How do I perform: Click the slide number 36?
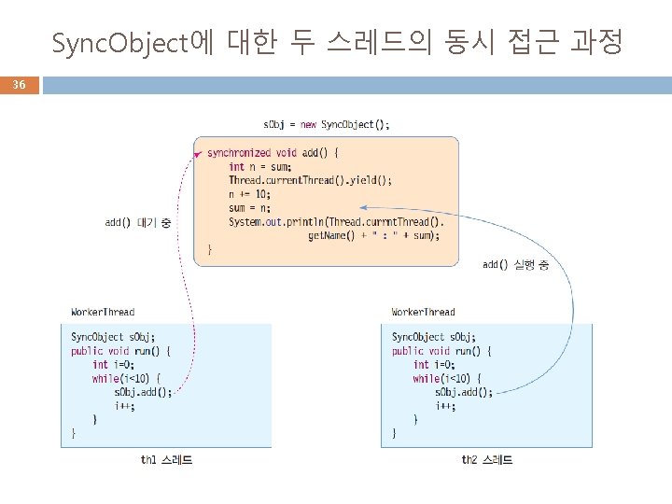19,85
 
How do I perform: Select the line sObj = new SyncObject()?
326,124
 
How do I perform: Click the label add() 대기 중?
138,222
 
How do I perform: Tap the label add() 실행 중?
515,265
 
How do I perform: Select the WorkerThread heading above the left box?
103,312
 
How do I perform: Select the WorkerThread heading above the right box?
424,312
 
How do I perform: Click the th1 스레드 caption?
167,460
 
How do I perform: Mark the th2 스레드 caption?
487,460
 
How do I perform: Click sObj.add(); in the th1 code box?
144,392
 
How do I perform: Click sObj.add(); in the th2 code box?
464,392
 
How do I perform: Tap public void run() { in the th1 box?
120,351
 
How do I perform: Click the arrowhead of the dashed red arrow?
198,153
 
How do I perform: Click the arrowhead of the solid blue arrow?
362,207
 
